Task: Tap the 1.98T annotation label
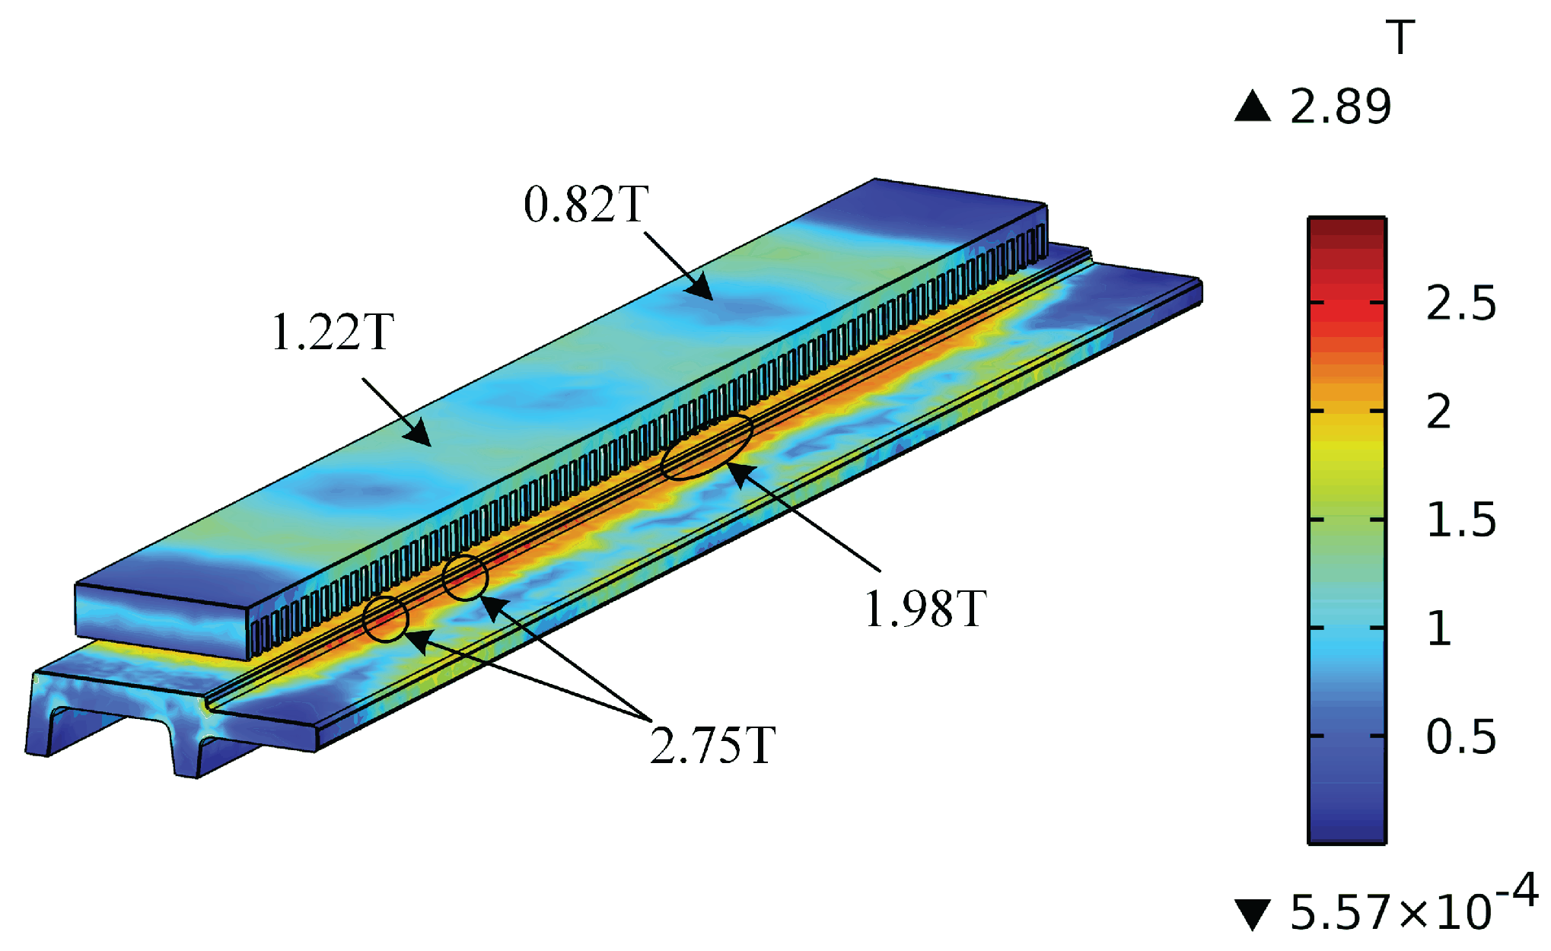click(925, 609)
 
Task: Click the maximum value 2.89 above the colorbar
click(1340, 107)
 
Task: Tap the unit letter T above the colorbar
click(1400, 37)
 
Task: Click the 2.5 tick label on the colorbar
click(1461, 303)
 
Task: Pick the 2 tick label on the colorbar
click(1438, 412)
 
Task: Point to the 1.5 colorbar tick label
click(1461, 520)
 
